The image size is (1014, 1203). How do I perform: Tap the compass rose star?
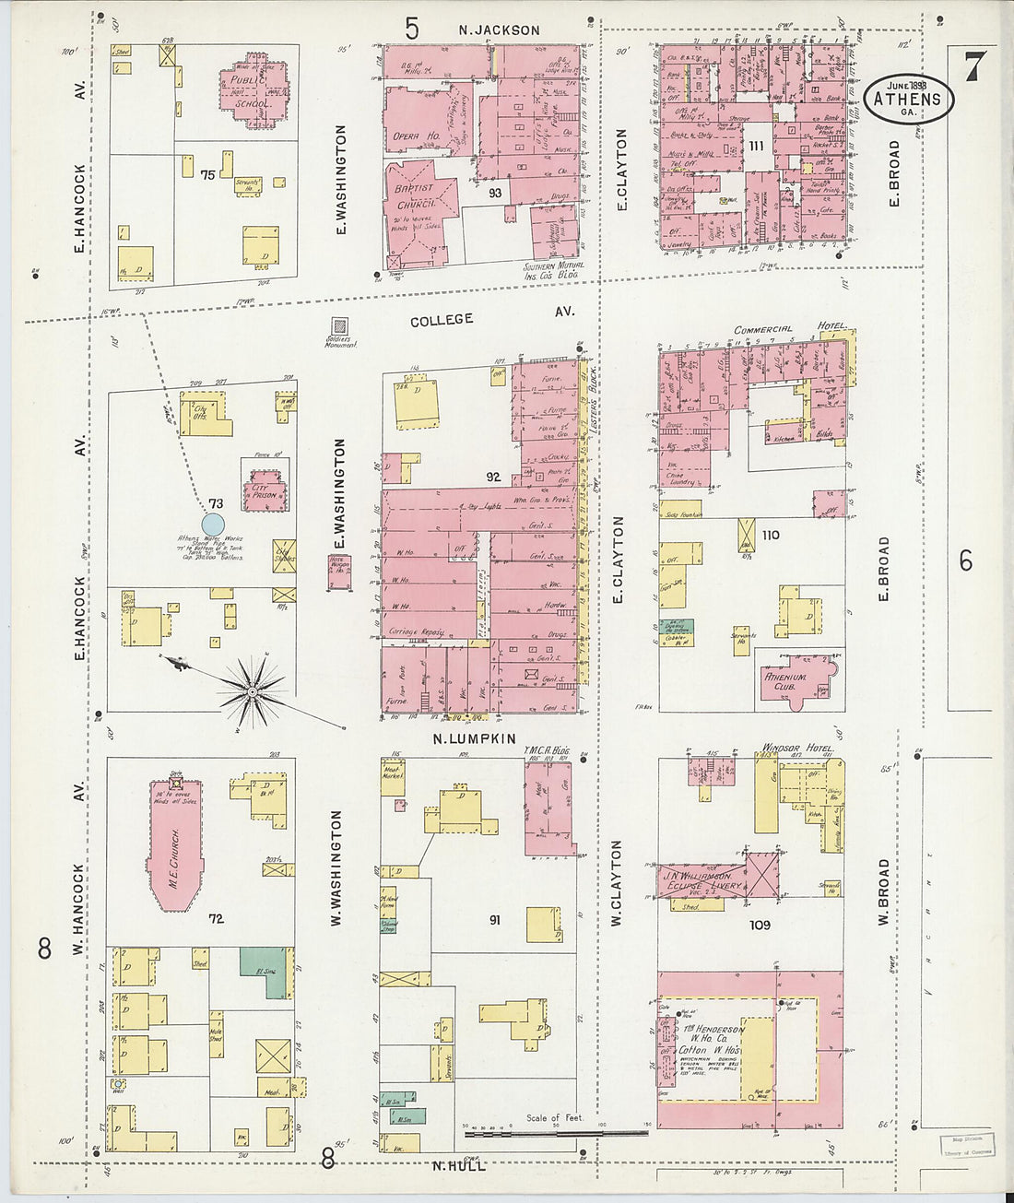point(251,690)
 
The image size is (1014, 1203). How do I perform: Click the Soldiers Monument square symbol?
point(340,326)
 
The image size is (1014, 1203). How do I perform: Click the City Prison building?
point(264,490)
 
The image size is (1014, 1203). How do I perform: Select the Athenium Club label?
point(785,681)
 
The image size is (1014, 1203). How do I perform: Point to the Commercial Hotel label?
point(788,329)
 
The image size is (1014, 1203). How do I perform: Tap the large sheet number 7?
point(974,66)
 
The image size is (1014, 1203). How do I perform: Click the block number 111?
point(757,147)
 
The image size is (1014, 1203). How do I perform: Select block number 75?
point(207,174)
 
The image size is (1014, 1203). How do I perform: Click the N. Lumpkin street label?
point(475,738)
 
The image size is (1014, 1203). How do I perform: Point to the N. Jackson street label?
point(499,30)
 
